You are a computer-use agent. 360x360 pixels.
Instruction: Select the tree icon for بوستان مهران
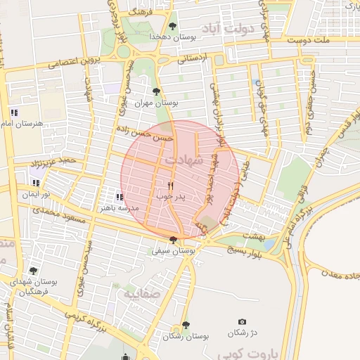[x=156, y=91]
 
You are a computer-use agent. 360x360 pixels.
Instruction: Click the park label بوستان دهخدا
[x=171, y=36]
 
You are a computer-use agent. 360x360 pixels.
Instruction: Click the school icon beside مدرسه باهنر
[x=120, y=197]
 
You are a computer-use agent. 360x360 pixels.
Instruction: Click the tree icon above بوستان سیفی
[x=173, y=240]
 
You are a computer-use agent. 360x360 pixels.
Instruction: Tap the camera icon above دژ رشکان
[x=243, y=321]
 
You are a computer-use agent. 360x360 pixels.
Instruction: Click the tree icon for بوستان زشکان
[x=186, y=325]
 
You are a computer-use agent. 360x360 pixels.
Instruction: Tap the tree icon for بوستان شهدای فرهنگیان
[x=33, y=271]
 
